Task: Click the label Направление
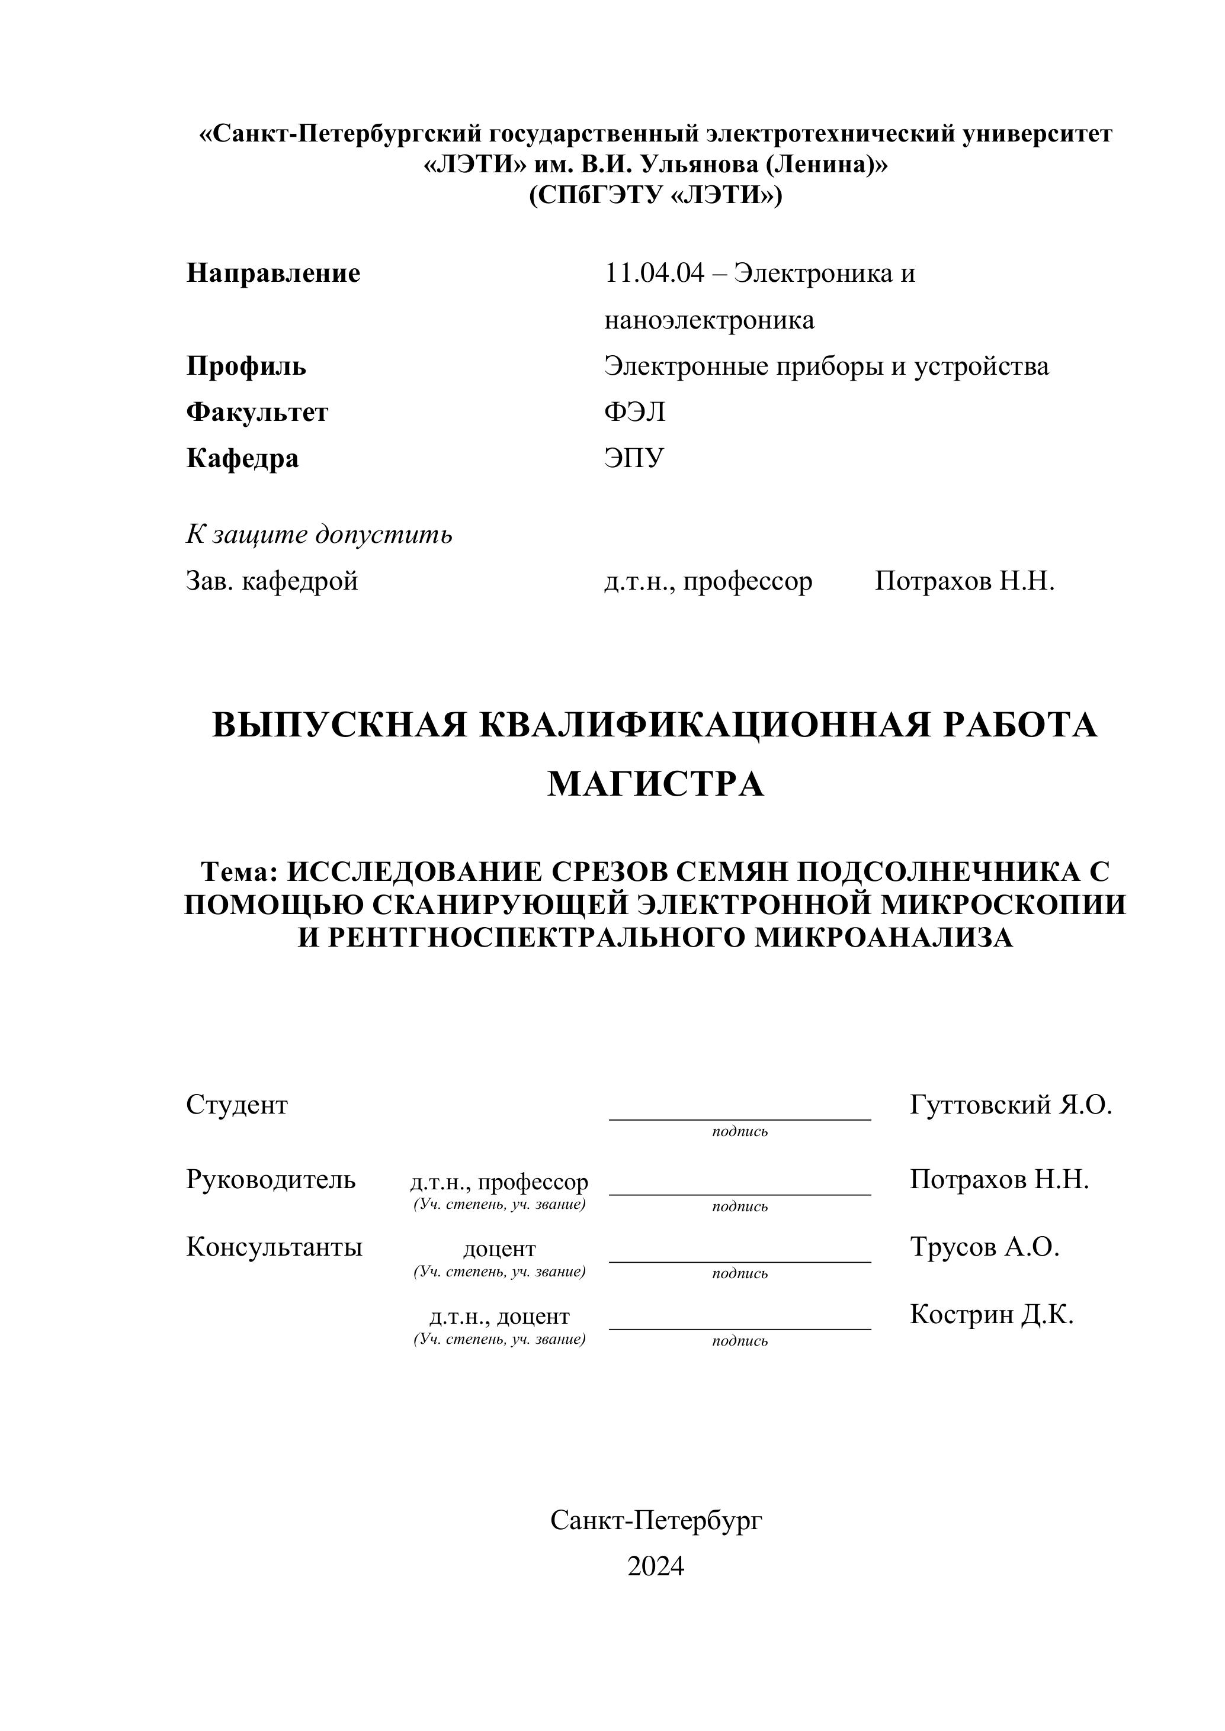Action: click(273, 273)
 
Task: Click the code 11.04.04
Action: click(654, 273)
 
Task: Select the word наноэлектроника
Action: click(709, 320)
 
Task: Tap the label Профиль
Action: click(246, 366)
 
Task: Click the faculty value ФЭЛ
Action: click(634, 413)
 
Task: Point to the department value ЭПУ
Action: click(634, 458)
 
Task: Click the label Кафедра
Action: click(242, 458)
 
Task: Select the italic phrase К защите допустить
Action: click(319, 535)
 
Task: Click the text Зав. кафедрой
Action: click(271, 581)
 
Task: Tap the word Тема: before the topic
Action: click(240, 871)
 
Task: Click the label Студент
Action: click(237, 1105)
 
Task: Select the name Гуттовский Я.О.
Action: click(1011, 1105)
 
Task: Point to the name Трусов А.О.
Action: click(985, 1247)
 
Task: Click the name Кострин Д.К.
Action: click(991, 1315)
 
